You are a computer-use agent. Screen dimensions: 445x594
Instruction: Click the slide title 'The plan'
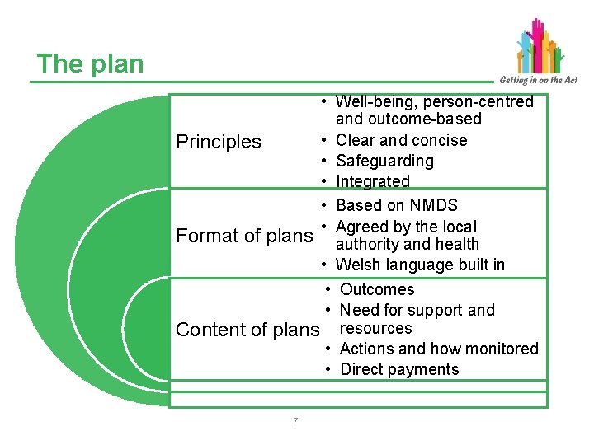pos(90,64)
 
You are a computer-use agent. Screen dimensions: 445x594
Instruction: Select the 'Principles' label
pos(219,142)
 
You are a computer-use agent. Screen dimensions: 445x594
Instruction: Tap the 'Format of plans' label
pos(245,236)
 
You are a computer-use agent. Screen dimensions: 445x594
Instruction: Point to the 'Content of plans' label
pos(247,330)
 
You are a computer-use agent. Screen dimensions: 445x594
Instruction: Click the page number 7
pos(295,422)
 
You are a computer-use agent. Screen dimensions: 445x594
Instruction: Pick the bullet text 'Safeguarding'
pos(384,161)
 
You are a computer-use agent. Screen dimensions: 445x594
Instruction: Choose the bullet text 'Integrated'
pos(373,181)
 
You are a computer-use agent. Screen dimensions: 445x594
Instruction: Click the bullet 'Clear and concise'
pos(401,140)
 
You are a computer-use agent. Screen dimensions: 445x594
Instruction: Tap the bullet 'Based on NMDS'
pos(396,205)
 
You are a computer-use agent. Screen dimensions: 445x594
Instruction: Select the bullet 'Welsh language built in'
pos(420,265)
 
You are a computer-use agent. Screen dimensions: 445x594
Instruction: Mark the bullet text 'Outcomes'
pos(377,289)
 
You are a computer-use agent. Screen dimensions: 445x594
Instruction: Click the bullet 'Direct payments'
pos(399,369)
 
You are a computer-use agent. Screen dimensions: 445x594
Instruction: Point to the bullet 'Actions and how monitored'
pos(438,349)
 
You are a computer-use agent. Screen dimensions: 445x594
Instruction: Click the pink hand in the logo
pos(539,33)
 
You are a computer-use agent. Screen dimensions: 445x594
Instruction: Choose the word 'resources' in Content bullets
pos(375,328)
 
